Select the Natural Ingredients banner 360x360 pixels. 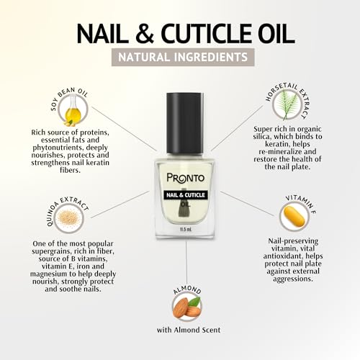tap(180, 55)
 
